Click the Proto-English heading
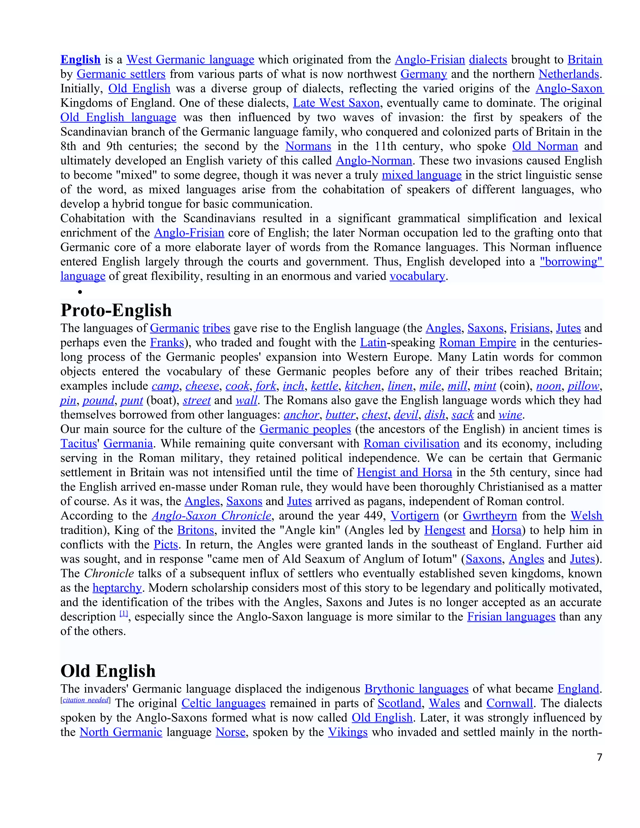(x=116, y=310)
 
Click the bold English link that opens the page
(x=80, y=59)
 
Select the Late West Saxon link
(x=336, y=103)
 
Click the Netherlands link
(x=569, y=74)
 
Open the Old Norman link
(x=545, y=146)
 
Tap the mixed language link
(x=421, y=175)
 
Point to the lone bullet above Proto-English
(x=80, y=292)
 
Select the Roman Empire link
(x=477, y=343)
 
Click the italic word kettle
(x=325, y=386)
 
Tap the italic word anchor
(x=302, y=415)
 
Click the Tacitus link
(x=78, y=444)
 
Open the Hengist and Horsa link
(x=405, y=472)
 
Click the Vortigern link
(x=415, y=516)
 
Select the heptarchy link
(x=117, y=588)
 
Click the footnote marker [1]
(x=124, y=614)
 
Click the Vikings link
(x=348, y=732)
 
